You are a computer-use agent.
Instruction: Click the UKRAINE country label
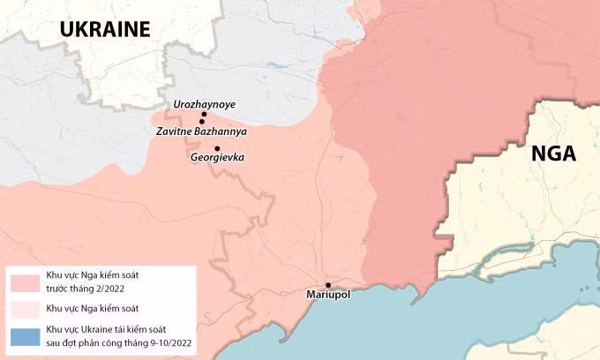(106, 29)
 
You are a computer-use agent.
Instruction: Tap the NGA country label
(553, 155)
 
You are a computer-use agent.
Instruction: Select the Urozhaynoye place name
(205, 104)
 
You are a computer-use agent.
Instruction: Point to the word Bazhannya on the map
(222, 131)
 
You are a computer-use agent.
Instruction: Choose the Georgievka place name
(217, 158)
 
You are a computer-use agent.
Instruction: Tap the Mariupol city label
(328, 295)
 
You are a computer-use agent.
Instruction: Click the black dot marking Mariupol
(328, 284)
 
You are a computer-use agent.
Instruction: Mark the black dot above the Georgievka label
(217, 148)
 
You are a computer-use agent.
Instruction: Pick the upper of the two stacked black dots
(204, 115)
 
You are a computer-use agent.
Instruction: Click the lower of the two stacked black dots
(202, 122)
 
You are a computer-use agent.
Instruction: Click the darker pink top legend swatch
(25, 282)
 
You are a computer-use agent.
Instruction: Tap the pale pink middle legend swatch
(25, 309)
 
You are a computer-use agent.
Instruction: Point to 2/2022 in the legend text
(107, 288)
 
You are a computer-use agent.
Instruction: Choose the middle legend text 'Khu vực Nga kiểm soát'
(92, 308)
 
